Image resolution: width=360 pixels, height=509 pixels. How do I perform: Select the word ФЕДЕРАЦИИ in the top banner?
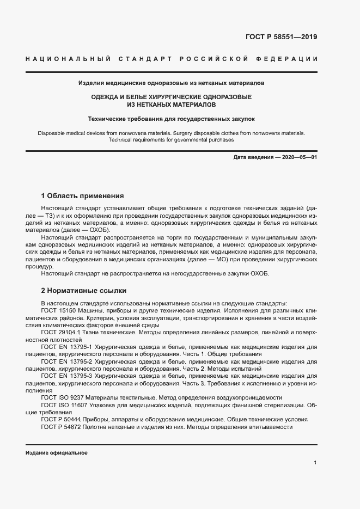[289, 59]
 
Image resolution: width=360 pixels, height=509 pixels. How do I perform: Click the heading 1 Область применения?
[83, 195]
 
